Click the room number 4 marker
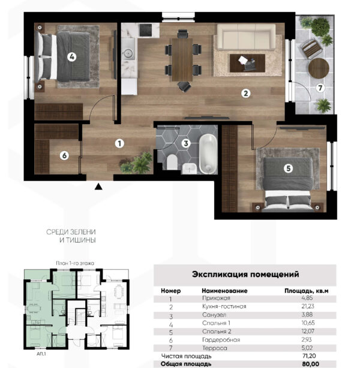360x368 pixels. (71, 57)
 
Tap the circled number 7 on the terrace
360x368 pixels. (320, 88)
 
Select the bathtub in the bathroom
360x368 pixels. (208, 154)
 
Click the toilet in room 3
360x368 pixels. (172, 162)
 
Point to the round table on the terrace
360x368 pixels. (319, 68)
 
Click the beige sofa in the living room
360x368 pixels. (246, 37)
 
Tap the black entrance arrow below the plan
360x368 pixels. (98, 186)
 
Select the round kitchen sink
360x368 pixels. (128, 53)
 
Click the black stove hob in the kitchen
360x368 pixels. (145, 30)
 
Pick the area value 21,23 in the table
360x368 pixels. (308, 306)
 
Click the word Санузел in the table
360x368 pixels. (214, 315)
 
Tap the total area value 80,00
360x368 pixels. (310, 364)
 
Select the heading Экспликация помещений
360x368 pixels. (245, 274)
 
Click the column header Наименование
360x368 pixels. (224, 291)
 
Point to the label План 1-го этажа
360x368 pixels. (75, 263)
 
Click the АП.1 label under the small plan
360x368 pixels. (41, 354)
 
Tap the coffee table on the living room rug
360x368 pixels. (247, 63)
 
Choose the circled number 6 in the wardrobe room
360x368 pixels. (64, 155)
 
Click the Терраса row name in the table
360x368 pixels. (215, 348)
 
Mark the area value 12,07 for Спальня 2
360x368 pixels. (308, 331)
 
